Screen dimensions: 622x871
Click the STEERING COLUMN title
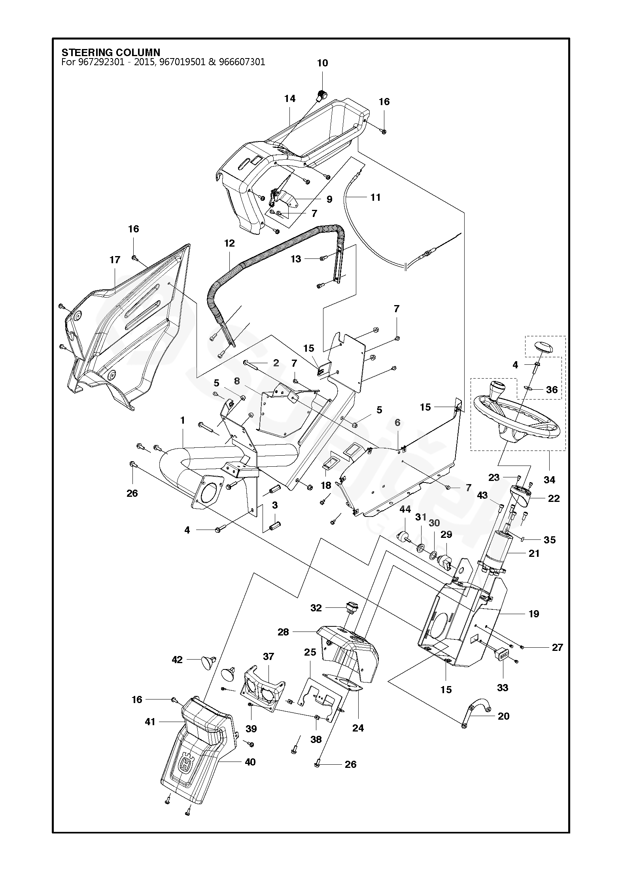(111, 53)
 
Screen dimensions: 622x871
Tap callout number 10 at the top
(323, 63)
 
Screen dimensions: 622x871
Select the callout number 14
(290, 98)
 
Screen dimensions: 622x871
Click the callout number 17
(115, 260)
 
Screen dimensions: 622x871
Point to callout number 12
(229, 243)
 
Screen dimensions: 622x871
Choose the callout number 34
(550, 480)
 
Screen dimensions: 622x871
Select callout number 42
(177, 660)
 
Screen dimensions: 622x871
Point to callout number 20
(504, 716)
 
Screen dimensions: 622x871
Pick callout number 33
(503, 688)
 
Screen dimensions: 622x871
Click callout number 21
(534, 554)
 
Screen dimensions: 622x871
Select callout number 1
(183, 421)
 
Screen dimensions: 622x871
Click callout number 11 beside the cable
(375, 197)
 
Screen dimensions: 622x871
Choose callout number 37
(268, 656)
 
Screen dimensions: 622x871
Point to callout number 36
(552, 390)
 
